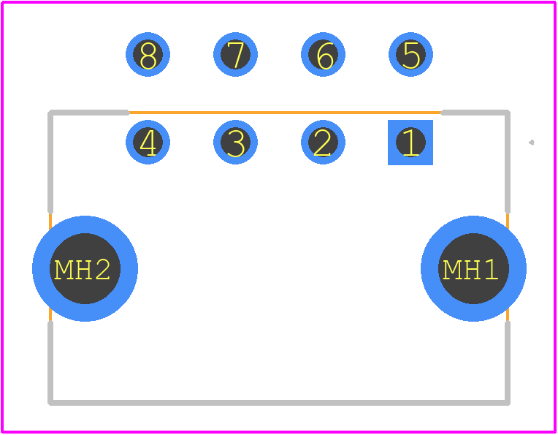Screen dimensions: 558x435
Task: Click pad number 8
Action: (x=148, y=55)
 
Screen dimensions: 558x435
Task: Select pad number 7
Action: (x=235, y=55)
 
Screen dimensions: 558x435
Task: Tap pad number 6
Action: (x=323, y=55)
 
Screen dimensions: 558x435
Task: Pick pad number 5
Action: (x=410, y=55)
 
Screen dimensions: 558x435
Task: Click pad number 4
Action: (x=148, y=142)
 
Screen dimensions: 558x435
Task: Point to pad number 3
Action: (x=235, y=142)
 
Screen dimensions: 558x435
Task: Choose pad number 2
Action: (x=323, y=142)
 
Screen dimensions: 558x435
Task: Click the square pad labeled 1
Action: (x=410, y=143)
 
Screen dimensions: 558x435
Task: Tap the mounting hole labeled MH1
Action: (x=473, y=268)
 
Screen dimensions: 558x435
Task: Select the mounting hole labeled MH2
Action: (x=85, y=268)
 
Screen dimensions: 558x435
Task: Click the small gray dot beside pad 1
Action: (x=532, y=143)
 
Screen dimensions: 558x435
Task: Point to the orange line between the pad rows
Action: (x=285, y=113)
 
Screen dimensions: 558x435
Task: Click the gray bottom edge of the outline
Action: (x=279, y=403)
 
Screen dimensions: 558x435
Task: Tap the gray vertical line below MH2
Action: (x=50, y=363)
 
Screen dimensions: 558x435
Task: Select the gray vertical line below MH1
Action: (x=508, y=363)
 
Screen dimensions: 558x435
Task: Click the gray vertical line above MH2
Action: (x=50, y=162)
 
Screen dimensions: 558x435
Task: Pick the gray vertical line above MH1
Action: (x=508, y=162)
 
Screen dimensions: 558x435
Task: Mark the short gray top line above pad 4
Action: (x=89, y=113)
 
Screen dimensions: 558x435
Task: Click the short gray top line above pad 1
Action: (x=475, y=113)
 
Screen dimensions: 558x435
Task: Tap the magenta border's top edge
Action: (x=279, y=2)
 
